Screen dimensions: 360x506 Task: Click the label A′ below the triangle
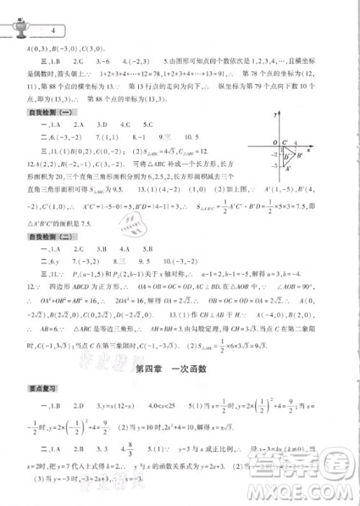(289, 169)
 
